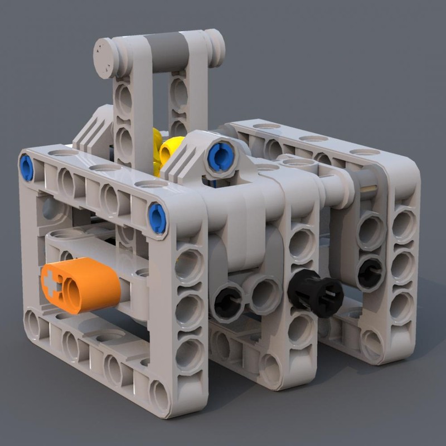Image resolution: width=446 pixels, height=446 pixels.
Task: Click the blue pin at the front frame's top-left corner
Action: click(26, 167)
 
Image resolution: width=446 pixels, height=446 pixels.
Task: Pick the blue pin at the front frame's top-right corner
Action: click(157, 218)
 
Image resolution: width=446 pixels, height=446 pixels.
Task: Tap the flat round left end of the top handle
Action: click(106, 59)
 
